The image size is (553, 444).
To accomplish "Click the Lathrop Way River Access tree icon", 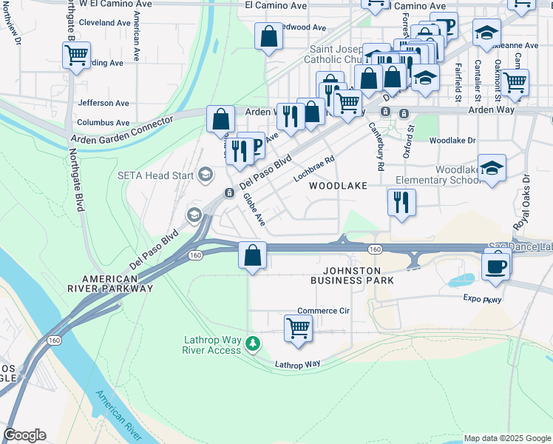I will click(x=254, y=343).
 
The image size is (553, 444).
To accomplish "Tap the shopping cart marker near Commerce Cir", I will click(x=298, y=327).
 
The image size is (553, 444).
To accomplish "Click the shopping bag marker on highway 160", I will click(x=253, y=255).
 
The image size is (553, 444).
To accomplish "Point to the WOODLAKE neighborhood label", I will click(x=338, y=186).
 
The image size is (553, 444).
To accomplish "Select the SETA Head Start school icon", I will click(x=205, y=175).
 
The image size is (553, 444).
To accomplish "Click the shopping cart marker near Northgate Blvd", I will click(x=77, y=55).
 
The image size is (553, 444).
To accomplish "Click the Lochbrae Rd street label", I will click(x=314, y=169).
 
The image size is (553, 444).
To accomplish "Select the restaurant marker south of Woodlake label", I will click(x=401, y=201).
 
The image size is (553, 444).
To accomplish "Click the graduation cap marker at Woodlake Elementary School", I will click(x=492, y=167).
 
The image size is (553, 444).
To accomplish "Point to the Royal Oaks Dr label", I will click(x=521, y=202).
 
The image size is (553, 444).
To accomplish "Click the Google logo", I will click(x=25, y=435).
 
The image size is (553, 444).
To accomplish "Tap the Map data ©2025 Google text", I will click(x=506, y=438).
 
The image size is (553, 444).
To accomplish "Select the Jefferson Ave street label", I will click(x=103, y=103).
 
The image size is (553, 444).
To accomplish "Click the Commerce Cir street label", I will click(x=323, y=311).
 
